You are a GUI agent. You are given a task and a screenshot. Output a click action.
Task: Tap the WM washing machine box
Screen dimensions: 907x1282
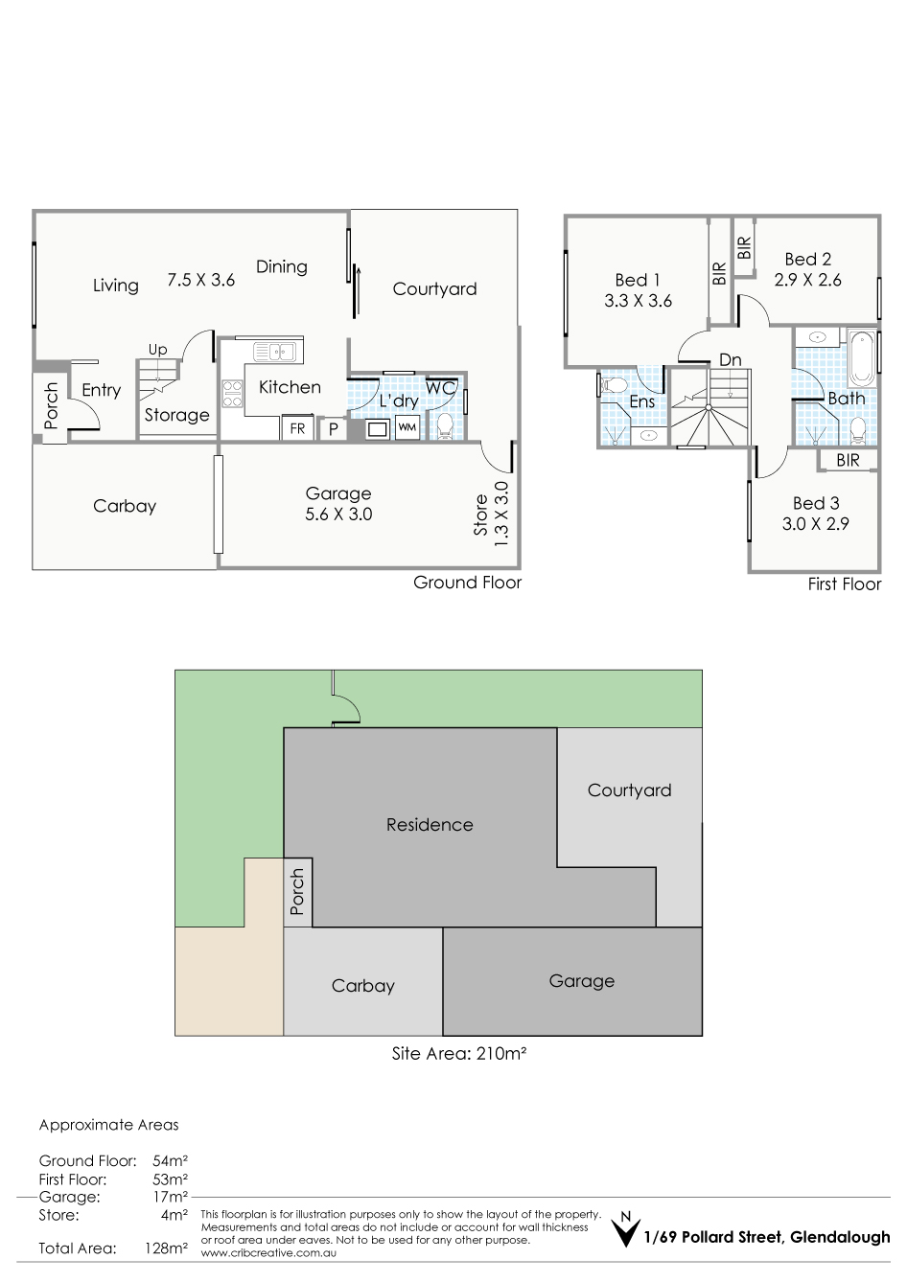tap(407, 427)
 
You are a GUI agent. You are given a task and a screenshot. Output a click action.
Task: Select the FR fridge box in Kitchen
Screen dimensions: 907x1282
tap(297, 428)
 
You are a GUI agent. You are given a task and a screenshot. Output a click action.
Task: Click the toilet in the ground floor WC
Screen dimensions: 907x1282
tap(444, 427)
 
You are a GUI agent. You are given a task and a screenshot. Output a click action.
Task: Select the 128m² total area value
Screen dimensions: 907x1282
tap(166, 1248)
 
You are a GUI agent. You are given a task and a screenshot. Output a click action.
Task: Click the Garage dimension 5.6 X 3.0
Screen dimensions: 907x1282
tap(338, 514)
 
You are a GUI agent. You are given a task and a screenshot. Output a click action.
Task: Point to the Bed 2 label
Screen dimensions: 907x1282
tap(807, 260)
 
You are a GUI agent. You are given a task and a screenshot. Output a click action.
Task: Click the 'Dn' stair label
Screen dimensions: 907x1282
tap(730, 360)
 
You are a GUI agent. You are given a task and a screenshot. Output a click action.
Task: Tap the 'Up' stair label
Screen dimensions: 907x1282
tap(157, 349)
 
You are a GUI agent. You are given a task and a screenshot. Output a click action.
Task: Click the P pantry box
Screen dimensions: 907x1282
tap(334, 428)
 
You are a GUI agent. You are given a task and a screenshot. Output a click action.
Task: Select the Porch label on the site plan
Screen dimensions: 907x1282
tap(296, 891)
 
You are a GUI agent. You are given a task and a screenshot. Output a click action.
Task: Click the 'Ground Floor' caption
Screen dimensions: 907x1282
tap(467, 582)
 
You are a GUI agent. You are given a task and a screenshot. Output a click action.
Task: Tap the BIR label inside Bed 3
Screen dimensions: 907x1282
tap(848, 460)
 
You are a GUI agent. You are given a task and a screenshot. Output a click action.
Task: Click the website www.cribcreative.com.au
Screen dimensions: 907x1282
tap(268, 1253)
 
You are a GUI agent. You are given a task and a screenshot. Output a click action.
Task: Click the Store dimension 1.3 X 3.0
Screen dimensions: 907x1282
tap(500, 514)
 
